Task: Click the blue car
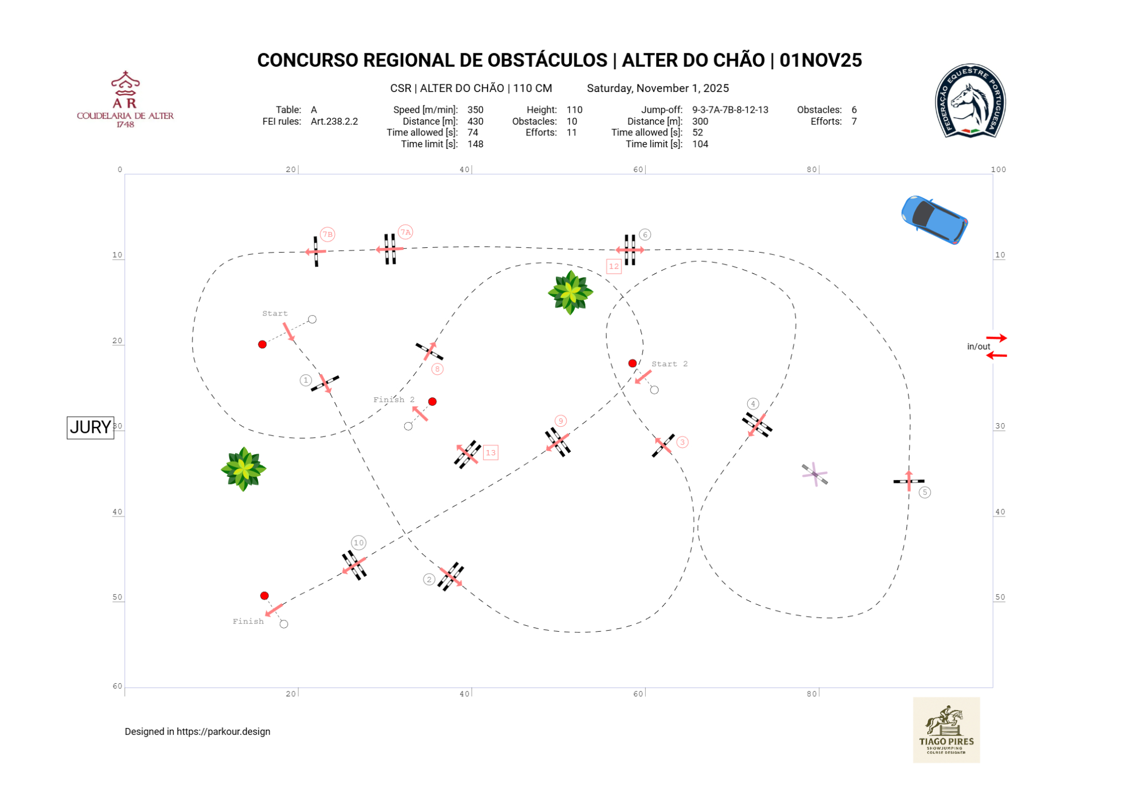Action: click(x=934, y=219)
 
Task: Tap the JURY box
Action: click(x=90, y=427)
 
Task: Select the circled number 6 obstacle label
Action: click(x=645, y=234)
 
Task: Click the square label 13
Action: click(x=490, y=453)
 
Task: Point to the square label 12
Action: click(x=613, y=266)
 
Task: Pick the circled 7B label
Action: click(x=327, y=234)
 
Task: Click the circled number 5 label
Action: click(x=924, y=492)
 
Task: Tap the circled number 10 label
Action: click(x=359, y=542)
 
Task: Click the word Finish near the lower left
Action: click(x=248, y=621)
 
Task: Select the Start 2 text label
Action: click(x=669, y=364)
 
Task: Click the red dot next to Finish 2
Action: click(x=432, y=402)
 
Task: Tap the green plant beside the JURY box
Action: click(x=244, y=469)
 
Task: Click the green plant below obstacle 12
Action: click(x=570, y=292)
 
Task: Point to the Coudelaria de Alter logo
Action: click(x=125, y=99)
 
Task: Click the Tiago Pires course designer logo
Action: click(x=946, y=730)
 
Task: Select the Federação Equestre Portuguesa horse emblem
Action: click(x=970, y=101)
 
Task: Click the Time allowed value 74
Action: click(x=473, y=132)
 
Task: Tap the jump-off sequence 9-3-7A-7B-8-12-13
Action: click(x=730, y=110)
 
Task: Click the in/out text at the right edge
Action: click(x=978, y=347)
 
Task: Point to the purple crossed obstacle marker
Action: click(x=815, y=474)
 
